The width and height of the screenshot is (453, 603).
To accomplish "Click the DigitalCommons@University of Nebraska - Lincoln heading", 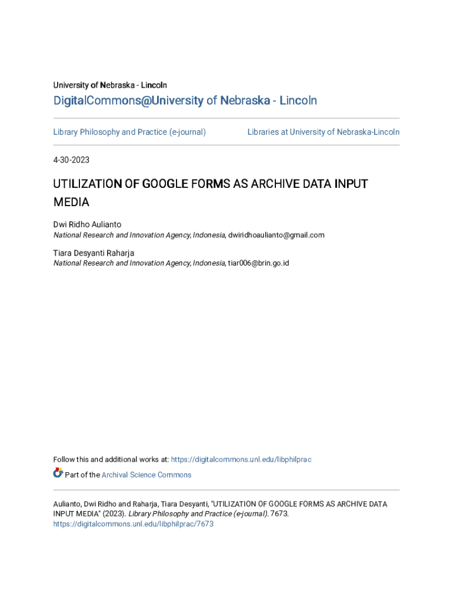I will click(x=185, y=101).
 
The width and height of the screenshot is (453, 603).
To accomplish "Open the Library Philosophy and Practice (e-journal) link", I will click(x=129, y=132).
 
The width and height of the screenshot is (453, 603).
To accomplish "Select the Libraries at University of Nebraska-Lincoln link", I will click(x=323, y=132).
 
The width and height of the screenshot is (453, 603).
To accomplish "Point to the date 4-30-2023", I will click(x=71, y=160).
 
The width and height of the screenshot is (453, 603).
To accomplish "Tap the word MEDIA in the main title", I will click(x=71, y=203).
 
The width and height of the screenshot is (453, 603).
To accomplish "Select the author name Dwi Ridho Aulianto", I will click(x=87, y=224).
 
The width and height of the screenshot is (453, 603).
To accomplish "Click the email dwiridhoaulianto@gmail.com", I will click(x=276, y=235).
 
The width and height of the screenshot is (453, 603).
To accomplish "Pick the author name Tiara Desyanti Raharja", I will click(x=94, y=253).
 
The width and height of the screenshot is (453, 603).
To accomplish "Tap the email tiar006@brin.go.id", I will click(x=258, y=263).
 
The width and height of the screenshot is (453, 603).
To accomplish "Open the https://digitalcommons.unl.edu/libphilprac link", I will click(x=241, y=459).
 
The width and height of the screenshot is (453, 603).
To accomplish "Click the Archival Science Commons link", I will click(x=146, y=475).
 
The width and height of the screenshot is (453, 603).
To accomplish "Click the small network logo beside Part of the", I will click(x=58, y=473).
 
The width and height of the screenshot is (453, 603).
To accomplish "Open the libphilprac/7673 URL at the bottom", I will click(x=133, y=524).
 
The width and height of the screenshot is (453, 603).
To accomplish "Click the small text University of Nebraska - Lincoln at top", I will click(x=110, y=85).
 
